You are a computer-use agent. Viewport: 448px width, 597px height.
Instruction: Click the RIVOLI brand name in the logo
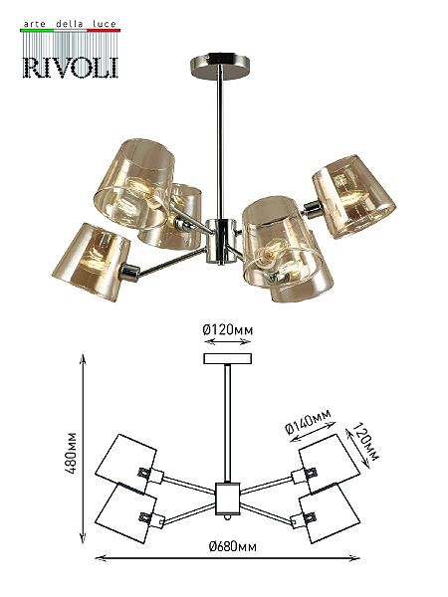pyautogui.click(x=71, y=68)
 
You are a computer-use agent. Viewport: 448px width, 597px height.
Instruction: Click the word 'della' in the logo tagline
pyautogui.click(x=70, y=24)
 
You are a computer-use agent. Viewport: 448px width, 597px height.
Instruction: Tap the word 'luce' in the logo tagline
pyautogui.click(x=104, y=24)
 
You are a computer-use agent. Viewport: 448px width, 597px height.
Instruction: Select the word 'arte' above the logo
pyautogui.click(x=35, y=24)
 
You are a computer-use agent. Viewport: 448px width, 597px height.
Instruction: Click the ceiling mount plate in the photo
pyautogui.click(x=220, y=66)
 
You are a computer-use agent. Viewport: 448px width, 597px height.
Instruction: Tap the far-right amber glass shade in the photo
pyautogui.click(x=353, y=196)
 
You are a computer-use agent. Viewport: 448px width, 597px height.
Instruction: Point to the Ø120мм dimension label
pyautogui.click(x=227, y=329)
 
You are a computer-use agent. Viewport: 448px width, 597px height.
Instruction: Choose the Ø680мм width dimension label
pyautogui.click(x=232, y=546)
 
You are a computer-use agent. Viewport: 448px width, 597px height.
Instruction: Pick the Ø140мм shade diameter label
pyautogui.click(x=308, y=422)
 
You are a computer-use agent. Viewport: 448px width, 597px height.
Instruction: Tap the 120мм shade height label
pyautogui.click(x=366, y=442)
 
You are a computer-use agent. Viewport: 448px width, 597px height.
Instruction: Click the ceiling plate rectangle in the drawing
pyautogui.click(x=227, y=358)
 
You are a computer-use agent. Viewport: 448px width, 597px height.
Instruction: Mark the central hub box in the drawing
pyautogui.click(x=227, y=498)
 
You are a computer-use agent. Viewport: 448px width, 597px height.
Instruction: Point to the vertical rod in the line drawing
pyautogui.click(x=227, y=424)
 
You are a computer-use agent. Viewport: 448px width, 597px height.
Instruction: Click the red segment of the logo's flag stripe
pyautogui.click(x=104, y=30)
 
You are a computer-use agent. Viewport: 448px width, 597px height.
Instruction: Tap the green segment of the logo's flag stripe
pyautogui.click(x=37, y=30)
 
